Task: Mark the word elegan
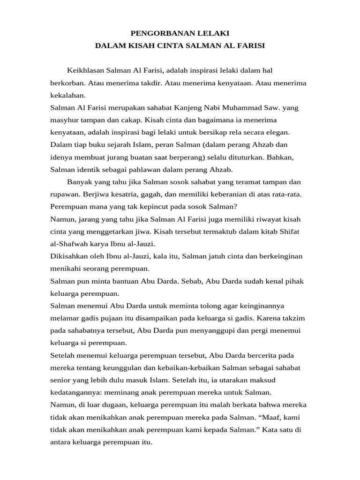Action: click(278, 132)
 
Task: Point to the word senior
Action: click(61, 380)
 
